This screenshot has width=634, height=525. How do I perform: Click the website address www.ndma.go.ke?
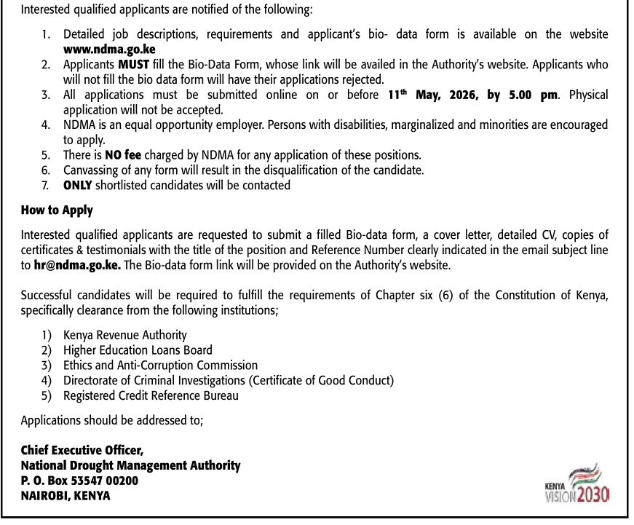pos(109,49)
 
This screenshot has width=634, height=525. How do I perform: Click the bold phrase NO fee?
pos(123,155)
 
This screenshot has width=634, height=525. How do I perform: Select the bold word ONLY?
pos(78,185)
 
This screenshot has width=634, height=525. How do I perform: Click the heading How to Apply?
pos(57,210)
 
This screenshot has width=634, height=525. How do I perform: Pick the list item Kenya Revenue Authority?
pos(124,335)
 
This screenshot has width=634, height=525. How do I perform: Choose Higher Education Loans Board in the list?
pos(138,350)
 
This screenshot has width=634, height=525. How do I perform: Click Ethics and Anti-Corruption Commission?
pos(160,366)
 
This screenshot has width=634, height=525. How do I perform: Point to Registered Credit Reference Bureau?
pos(151,396)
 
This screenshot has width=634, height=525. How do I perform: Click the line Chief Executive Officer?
pos(82,450)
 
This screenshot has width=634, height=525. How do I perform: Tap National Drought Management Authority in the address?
pos(130,465)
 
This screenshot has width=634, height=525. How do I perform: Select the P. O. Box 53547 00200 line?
pos(79,481)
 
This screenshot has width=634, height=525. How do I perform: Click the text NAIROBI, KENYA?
pos(66,496)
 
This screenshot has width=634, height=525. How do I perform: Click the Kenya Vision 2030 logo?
pos(576,483)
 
